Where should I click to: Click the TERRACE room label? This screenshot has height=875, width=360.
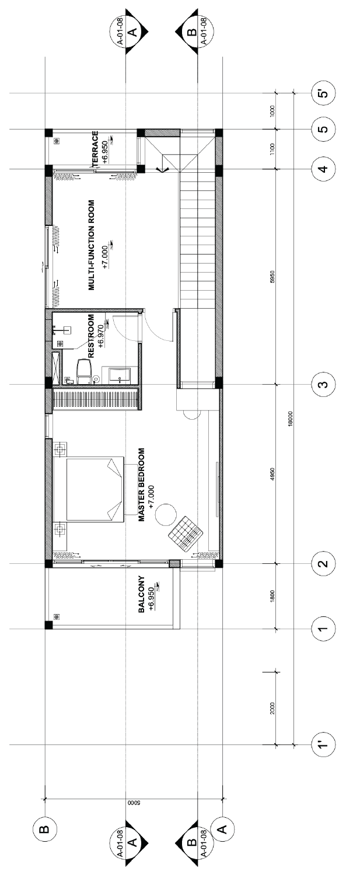[95, 149]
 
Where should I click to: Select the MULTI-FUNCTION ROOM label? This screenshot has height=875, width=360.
[92, 245]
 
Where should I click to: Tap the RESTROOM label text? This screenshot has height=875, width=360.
[91, 336]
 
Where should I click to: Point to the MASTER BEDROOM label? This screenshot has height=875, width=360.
[141, 484]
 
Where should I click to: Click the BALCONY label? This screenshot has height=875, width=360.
[141, 594]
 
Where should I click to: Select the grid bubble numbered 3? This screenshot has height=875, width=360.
[323, 385]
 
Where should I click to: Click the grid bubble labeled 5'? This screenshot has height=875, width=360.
[323, 94]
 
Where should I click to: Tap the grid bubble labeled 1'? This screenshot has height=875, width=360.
[323, 745]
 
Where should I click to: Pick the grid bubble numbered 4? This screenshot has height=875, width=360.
[323, 169]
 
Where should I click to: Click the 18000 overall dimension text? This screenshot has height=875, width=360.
[290, 419]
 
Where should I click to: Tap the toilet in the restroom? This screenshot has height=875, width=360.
[85, 371]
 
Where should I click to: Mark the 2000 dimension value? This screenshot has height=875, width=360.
[272, 708]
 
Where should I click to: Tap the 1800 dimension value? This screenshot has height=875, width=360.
[272, 596]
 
